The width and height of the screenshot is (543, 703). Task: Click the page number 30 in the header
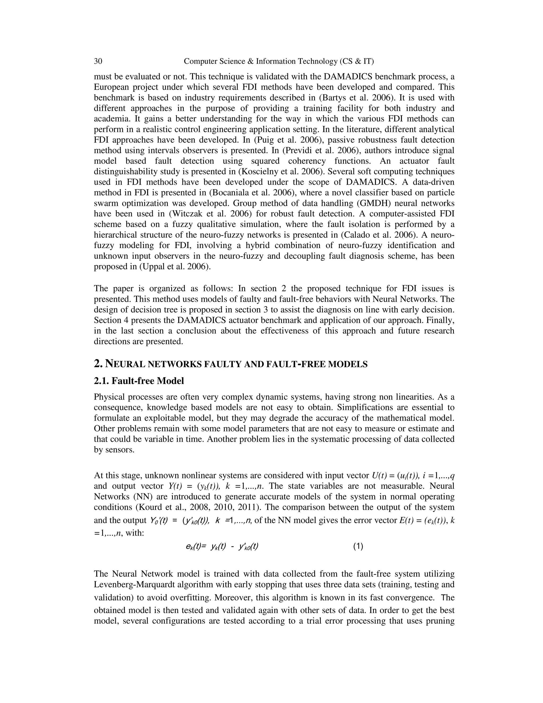[x=98, y=61]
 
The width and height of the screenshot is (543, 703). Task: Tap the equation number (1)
[x=358, y=546]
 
